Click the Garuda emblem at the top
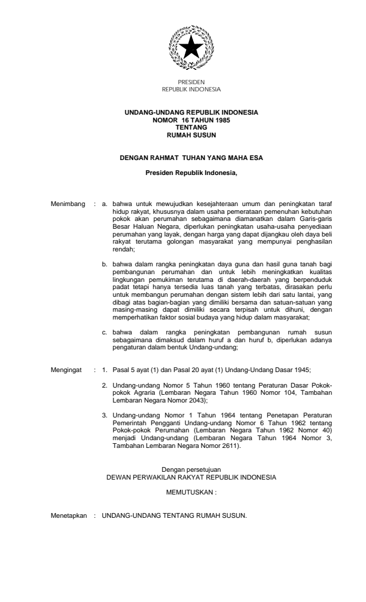point(191,48)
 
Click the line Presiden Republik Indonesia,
point(191,173)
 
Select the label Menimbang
point(68,204)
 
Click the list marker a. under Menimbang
point(105,204)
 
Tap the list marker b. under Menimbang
point(105,263)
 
